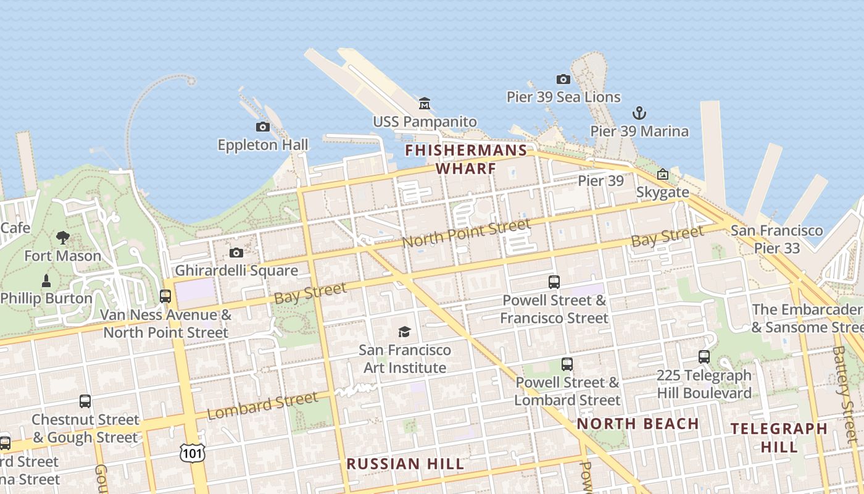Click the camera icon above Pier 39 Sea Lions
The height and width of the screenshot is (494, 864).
pyautogui.click(x=563, y=79)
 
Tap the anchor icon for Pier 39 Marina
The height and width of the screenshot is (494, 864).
pyautogui.click(x=639, y=113)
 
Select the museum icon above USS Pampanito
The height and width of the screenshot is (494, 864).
pyautogui.click(x=425, y=103)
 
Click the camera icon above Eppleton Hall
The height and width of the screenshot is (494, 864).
pyautogui.click(x=262, y=127)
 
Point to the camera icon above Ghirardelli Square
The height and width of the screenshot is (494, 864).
pyautogui.click(x=236, y=253)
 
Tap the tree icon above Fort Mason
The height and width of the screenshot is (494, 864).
pyautogui.click(x=62, y=237)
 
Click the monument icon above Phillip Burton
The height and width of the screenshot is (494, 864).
pyautogui.click(x=46, y=280)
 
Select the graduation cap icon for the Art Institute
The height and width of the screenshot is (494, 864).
pyautogui.click(x=404, y=332)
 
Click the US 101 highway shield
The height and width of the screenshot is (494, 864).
pyautogui.click(x=191, y=453)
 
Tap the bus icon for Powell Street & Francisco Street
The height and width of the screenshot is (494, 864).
pyautogui.click(x=554, y=282)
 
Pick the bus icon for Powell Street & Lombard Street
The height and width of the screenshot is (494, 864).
pyautogui.click(x=567, y=364)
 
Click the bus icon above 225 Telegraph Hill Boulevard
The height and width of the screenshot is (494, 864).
pyautogui.click(x=704, y=357)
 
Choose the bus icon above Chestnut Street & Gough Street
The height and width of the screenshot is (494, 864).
pyautogui.click(x=85, y=401)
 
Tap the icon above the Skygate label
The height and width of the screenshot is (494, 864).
pyautogui.click(x=663, y=175)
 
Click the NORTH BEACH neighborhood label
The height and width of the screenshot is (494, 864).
pyautogui.click(x=638, y=424)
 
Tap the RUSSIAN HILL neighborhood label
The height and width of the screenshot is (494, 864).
pyautogui.click(x=405, y=464)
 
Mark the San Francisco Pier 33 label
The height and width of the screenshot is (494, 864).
pyautogui.click(x=776, y=239)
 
